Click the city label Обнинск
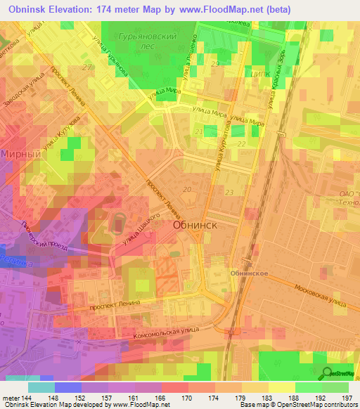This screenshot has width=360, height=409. coord(194,226)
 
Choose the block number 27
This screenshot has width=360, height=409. coord(87,67)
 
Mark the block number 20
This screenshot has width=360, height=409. coord(187,190)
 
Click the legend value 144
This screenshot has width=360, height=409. coord(27,397)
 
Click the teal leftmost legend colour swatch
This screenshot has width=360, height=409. coord(41,387)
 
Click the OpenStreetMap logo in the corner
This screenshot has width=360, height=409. coord(338,373)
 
